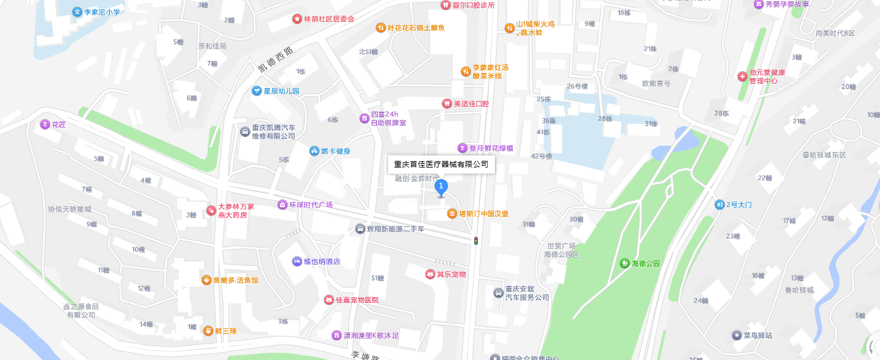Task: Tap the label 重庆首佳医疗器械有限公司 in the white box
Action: pos(441,164)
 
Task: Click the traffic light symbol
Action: pos(476,241)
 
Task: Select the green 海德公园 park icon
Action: pos(624,263)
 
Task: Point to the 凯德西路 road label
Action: pos(275,59)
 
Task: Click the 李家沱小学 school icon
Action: pos(77,12)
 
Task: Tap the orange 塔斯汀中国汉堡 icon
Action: pos(452,214)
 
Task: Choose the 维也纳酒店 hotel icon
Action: pos(297,262)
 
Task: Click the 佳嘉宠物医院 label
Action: pos(358,300)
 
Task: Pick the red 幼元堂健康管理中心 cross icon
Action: pos(742,76)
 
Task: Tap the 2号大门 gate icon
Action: pos(720,205)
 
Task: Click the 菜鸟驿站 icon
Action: pos(736,335)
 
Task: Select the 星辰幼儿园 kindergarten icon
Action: pos(257,91)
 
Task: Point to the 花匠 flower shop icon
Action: pos(44,124)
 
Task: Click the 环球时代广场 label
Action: pos(310,205)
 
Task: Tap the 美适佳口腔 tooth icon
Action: pos(447,104)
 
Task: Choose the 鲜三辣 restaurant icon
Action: pos(208,331)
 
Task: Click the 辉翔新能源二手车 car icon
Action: pos(360,229)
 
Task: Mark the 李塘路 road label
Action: pos(365,355)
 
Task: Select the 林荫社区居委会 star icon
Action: pos(297,19)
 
